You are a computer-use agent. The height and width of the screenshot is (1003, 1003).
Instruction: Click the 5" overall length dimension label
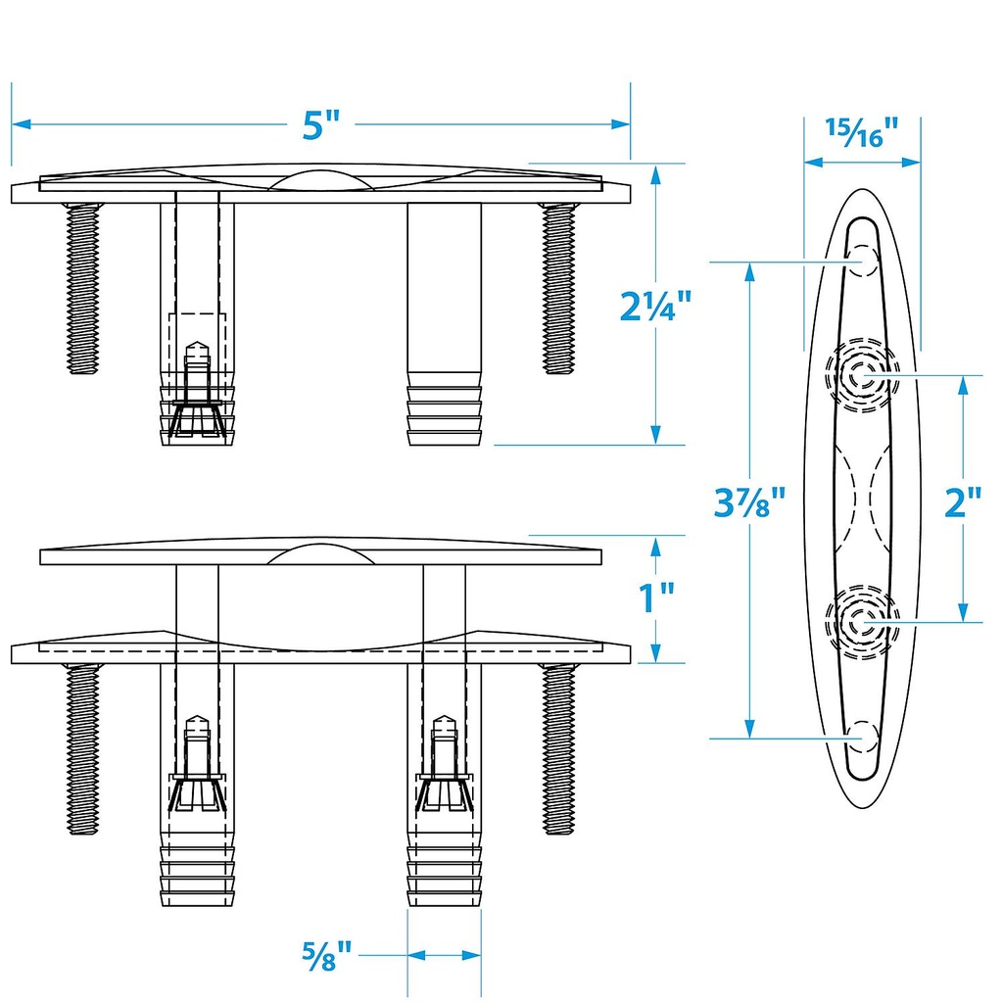pyautogui.click(x=320, y=125)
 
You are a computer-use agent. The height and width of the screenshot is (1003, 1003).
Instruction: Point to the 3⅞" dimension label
pyautogui.click(x=750, y=505)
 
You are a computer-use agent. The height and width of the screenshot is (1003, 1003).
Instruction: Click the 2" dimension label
pyautogui.click(x=962, y=503)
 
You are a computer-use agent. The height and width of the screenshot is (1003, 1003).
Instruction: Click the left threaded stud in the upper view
pyautogui.click(x=83, y=288)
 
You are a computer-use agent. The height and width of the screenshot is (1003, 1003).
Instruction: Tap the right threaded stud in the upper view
pyautogui.click(x=559, y=288)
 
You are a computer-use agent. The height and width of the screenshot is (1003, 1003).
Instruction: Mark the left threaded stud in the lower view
pyautogui.click(x=83, y=748)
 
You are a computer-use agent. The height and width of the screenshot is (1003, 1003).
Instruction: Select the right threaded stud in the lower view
pyautogui.click(x=559, y=748)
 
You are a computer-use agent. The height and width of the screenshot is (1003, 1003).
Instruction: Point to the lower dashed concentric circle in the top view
pyautogui.click(x=862, y=622)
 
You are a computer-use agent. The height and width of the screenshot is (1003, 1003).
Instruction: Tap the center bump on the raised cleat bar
pyautogui.click(x=320, y=553)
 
